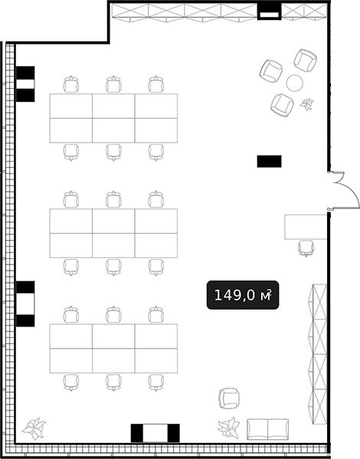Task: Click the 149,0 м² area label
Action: tap(243, 295)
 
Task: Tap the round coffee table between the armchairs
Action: tap(294, 83)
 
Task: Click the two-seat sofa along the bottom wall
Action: tap(267, 429)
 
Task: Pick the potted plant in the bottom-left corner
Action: tap(34, 428)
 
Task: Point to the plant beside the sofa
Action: tap(228, 428)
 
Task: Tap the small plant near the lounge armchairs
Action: tap(306, 104)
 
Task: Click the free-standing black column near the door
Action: tap(270, 161)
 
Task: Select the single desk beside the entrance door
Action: tap(306, 227)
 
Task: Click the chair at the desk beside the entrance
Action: tap(306, 248)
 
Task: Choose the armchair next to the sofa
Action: tap(229, 398)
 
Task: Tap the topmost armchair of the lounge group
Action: tap(306, 61)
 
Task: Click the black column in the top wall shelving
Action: tap(270, 11)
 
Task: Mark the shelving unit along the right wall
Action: tap(319, 354)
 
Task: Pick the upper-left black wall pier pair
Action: tap(25, 84)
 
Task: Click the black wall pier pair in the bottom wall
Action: tap(155, 433)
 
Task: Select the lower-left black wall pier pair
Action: tap(25, 304)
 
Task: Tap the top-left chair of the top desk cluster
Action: tap(71, 84)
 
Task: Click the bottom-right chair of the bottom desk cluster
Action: tap(156, 382)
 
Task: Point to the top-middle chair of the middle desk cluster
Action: tap(113, 199)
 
